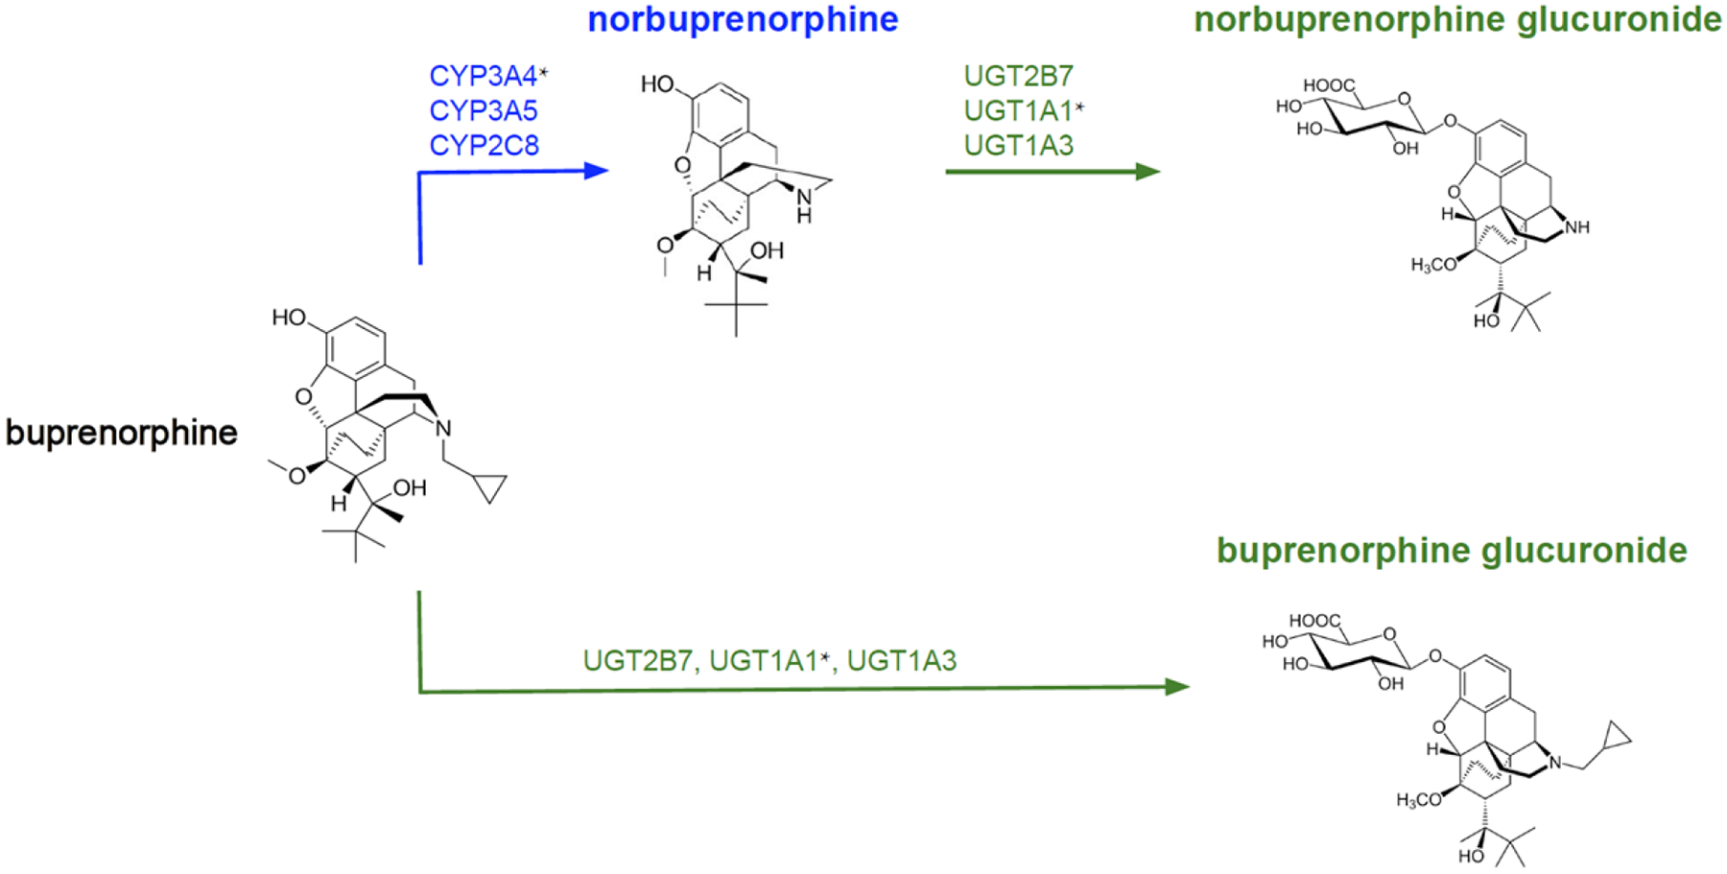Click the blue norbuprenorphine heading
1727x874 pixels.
tap(743, 20)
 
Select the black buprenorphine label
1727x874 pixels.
tap(122, 433)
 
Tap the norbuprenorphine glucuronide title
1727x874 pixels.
tap(1457, 20)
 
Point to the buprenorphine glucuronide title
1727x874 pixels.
tap(1452, 551)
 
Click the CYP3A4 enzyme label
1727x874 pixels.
tap(484, 76)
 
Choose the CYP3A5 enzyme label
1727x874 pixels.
tap(484, 110)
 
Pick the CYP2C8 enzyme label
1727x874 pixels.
tap(484, 145)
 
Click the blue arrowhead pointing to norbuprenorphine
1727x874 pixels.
tap(597, 171)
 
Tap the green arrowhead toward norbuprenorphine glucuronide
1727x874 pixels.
tap(1148, 172)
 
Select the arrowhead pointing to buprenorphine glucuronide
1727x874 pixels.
tap(1177, 687)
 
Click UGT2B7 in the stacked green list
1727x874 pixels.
tap(1018, 76)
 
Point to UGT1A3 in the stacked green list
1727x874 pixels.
tap(1018, 145)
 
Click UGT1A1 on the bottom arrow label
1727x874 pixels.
tap(764, 661)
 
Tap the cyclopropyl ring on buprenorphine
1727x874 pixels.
tap(490, 487)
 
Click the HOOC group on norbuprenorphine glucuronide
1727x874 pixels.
tap(1329, 86)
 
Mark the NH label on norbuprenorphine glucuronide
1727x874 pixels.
tap(1577, 227)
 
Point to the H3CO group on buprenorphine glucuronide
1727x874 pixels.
tap(1419, 800)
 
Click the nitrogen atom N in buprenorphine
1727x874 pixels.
tap(443, 428)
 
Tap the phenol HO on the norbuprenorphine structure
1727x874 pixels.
tap(658, 84)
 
